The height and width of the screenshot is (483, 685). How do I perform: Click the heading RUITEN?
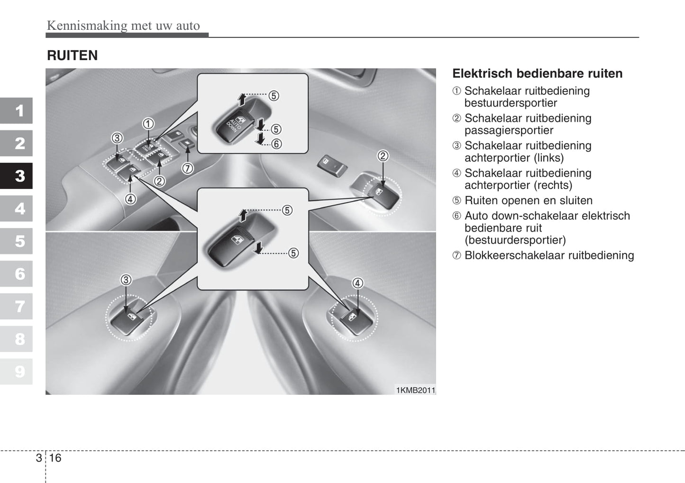[72, 55]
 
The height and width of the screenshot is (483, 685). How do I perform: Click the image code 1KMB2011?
[415, 390]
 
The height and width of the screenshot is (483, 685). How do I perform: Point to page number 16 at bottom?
[55, 457]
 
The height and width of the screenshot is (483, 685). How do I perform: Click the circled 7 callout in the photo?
[187, 168]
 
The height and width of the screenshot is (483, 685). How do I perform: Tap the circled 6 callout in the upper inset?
[276, 144]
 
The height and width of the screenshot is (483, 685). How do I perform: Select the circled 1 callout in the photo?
[148, 124]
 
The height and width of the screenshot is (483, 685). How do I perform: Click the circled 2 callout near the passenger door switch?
[383, 155]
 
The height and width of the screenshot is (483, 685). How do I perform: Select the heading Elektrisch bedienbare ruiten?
[537, 73]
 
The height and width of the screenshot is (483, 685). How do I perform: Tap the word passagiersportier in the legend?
[509, 130]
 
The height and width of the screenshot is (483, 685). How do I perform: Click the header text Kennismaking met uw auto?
[123, 26]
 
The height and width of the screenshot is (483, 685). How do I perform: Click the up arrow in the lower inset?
[243, 215]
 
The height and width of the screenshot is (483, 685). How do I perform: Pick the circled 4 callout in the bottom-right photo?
[357, 283]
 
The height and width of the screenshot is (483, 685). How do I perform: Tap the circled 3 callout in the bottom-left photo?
[126, 280]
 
